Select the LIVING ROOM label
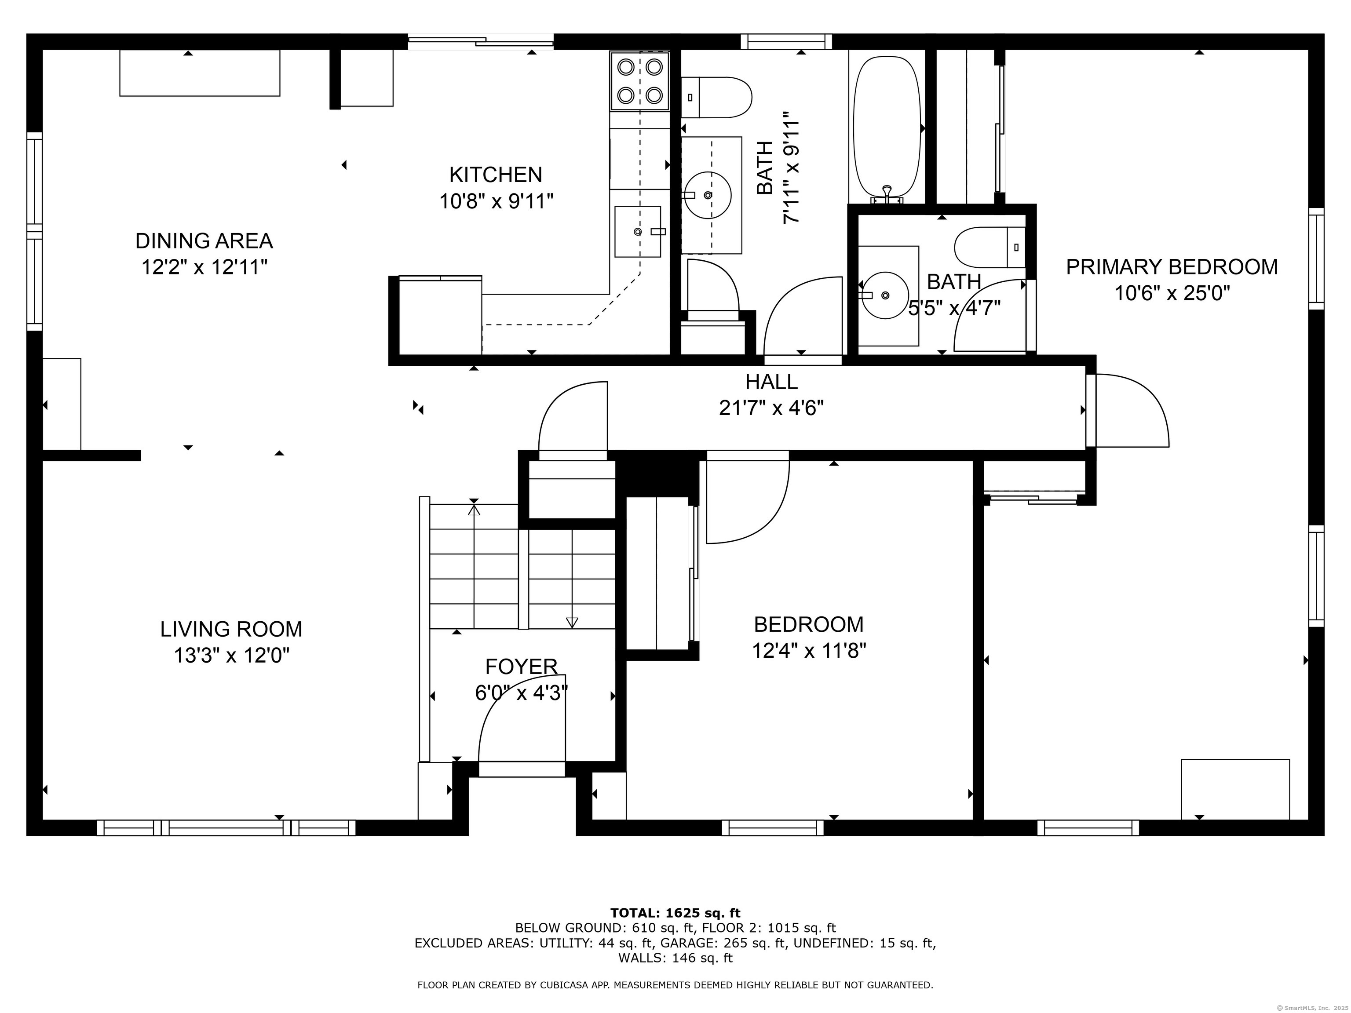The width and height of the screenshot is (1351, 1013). point(231,629)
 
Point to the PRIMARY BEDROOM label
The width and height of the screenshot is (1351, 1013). point(1172,267)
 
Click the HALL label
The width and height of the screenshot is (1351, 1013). point(771,382)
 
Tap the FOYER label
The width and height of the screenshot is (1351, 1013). point(521,666)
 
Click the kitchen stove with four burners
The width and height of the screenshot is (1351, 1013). point(639,81)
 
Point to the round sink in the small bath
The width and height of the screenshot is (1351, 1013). point(885,295)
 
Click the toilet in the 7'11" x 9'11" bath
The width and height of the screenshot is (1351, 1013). point(716,97)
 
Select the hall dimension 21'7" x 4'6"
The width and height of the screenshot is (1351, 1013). point(771,408)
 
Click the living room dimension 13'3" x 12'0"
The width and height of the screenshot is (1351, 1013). point(231,656)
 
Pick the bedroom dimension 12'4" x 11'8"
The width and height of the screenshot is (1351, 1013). point(809,651)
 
